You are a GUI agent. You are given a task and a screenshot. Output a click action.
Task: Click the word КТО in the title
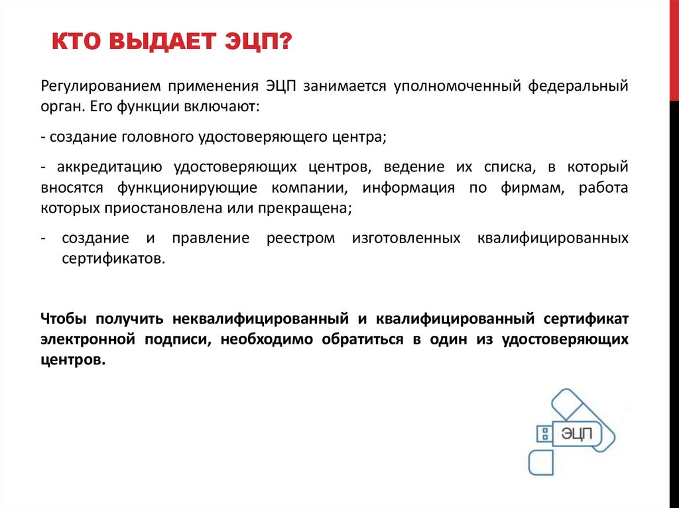point(74,46)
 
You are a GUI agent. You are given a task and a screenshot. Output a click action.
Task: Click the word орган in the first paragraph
point(60,107)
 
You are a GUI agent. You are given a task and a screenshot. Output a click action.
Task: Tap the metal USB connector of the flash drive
point(544,434)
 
